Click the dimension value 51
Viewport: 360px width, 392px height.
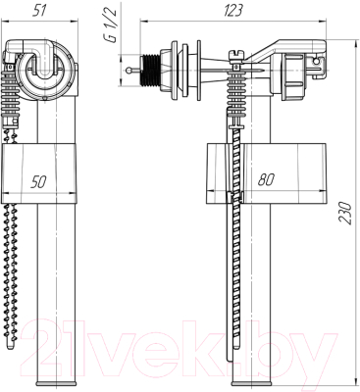[x=39, y=11]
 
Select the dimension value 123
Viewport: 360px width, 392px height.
[x=233, y=11]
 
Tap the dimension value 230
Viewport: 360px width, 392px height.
[x=345, y=213]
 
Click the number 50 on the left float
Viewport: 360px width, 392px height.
[x=38, y=181]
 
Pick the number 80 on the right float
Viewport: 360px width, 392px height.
[x=266, y=179]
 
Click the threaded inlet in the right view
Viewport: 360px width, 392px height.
[x=150, y=71]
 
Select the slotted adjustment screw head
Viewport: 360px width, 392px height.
[x=236, y=54]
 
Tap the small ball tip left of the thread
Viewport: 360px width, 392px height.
[x=129, y=71]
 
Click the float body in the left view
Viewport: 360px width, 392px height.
[x=39, y=173]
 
